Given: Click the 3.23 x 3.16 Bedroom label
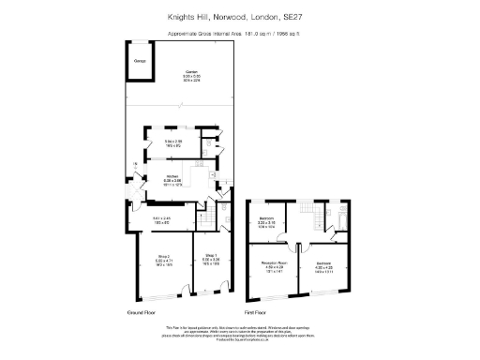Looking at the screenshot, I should (267, 218).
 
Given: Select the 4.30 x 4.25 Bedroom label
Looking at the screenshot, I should (323, 264).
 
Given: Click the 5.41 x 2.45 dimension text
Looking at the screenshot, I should (160, 219).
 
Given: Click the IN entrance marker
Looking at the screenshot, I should (135, 165).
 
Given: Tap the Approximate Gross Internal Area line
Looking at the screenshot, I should (240, 34).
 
